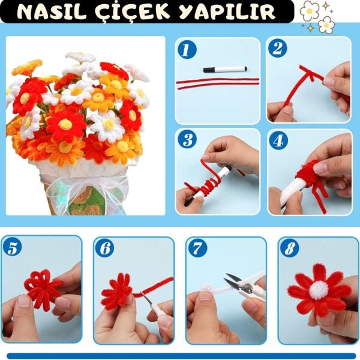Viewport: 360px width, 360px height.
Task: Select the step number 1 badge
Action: click(x=187, y=49)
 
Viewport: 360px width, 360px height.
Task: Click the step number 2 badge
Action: click(x=277, y=48)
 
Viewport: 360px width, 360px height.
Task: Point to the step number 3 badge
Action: click(x=187, y=140)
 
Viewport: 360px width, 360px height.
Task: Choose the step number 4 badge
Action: click(x=277, y=140)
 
